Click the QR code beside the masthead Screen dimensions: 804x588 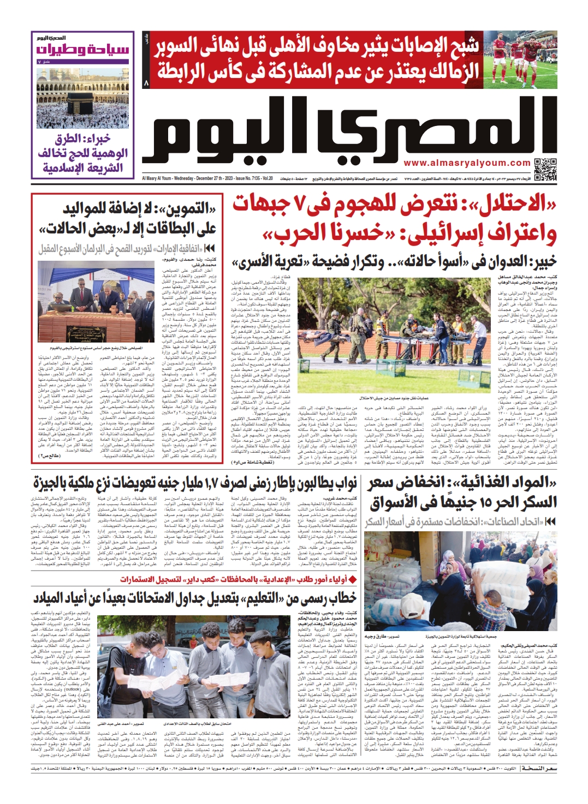pos(545,169)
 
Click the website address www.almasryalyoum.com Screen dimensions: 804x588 pos(467,163)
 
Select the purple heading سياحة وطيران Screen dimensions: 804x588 pos(83,50)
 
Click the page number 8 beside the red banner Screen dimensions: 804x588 pos(146,83)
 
